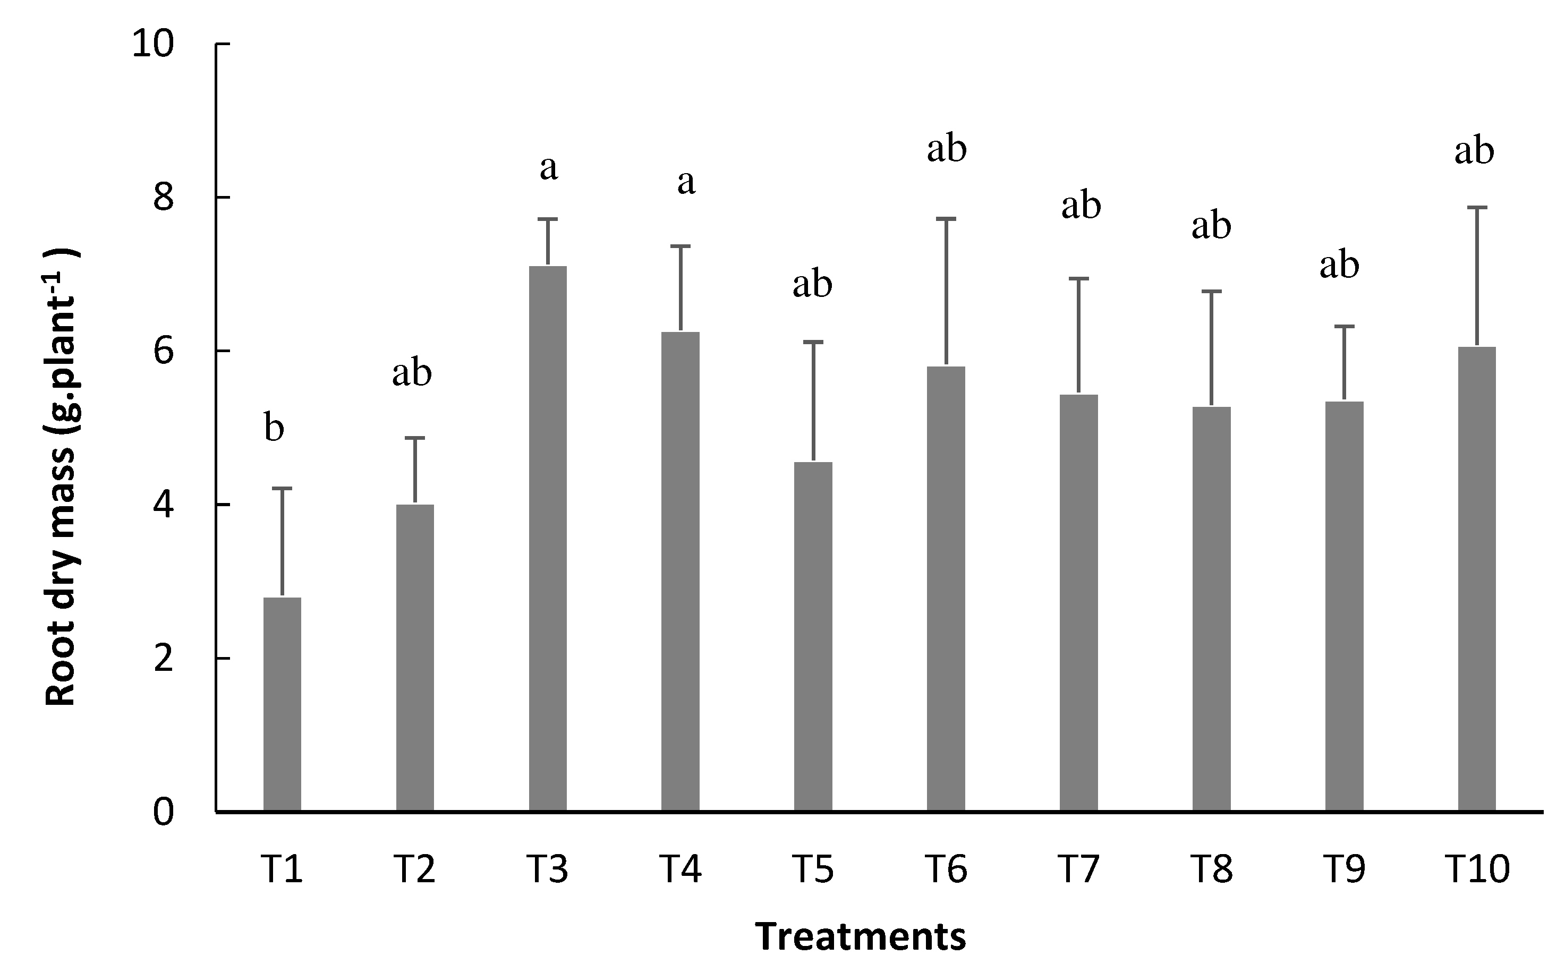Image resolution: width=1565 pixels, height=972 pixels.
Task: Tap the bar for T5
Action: [x=813, y=636]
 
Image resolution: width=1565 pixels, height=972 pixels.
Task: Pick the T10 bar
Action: [x=1476, y=578]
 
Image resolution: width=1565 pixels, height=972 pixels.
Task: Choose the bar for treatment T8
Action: [x=1211, y=609]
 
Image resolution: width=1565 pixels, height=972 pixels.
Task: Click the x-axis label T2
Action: [x=415, y=869]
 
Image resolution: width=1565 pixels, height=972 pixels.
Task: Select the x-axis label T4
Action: [x=681, y=869]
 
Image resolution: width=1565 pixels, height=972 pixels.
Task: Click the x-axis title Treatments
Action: [x=860, y=936]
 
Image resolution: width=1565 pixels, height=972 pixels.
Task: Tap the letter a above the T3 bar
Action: [x=548, y=168]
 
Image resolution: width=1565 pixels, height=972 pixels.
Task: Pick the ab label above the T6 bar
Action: [x=947, y=149]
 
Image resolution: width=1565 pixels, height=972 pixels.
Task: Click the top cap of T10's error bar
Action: [x=1476, y=208]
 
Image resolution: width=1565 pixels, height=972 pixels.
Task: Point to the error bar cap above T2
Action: [x=415, y=438]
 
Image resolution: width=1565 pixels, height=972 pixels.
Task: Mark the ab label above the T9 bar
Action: [x=1339, y=266]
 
